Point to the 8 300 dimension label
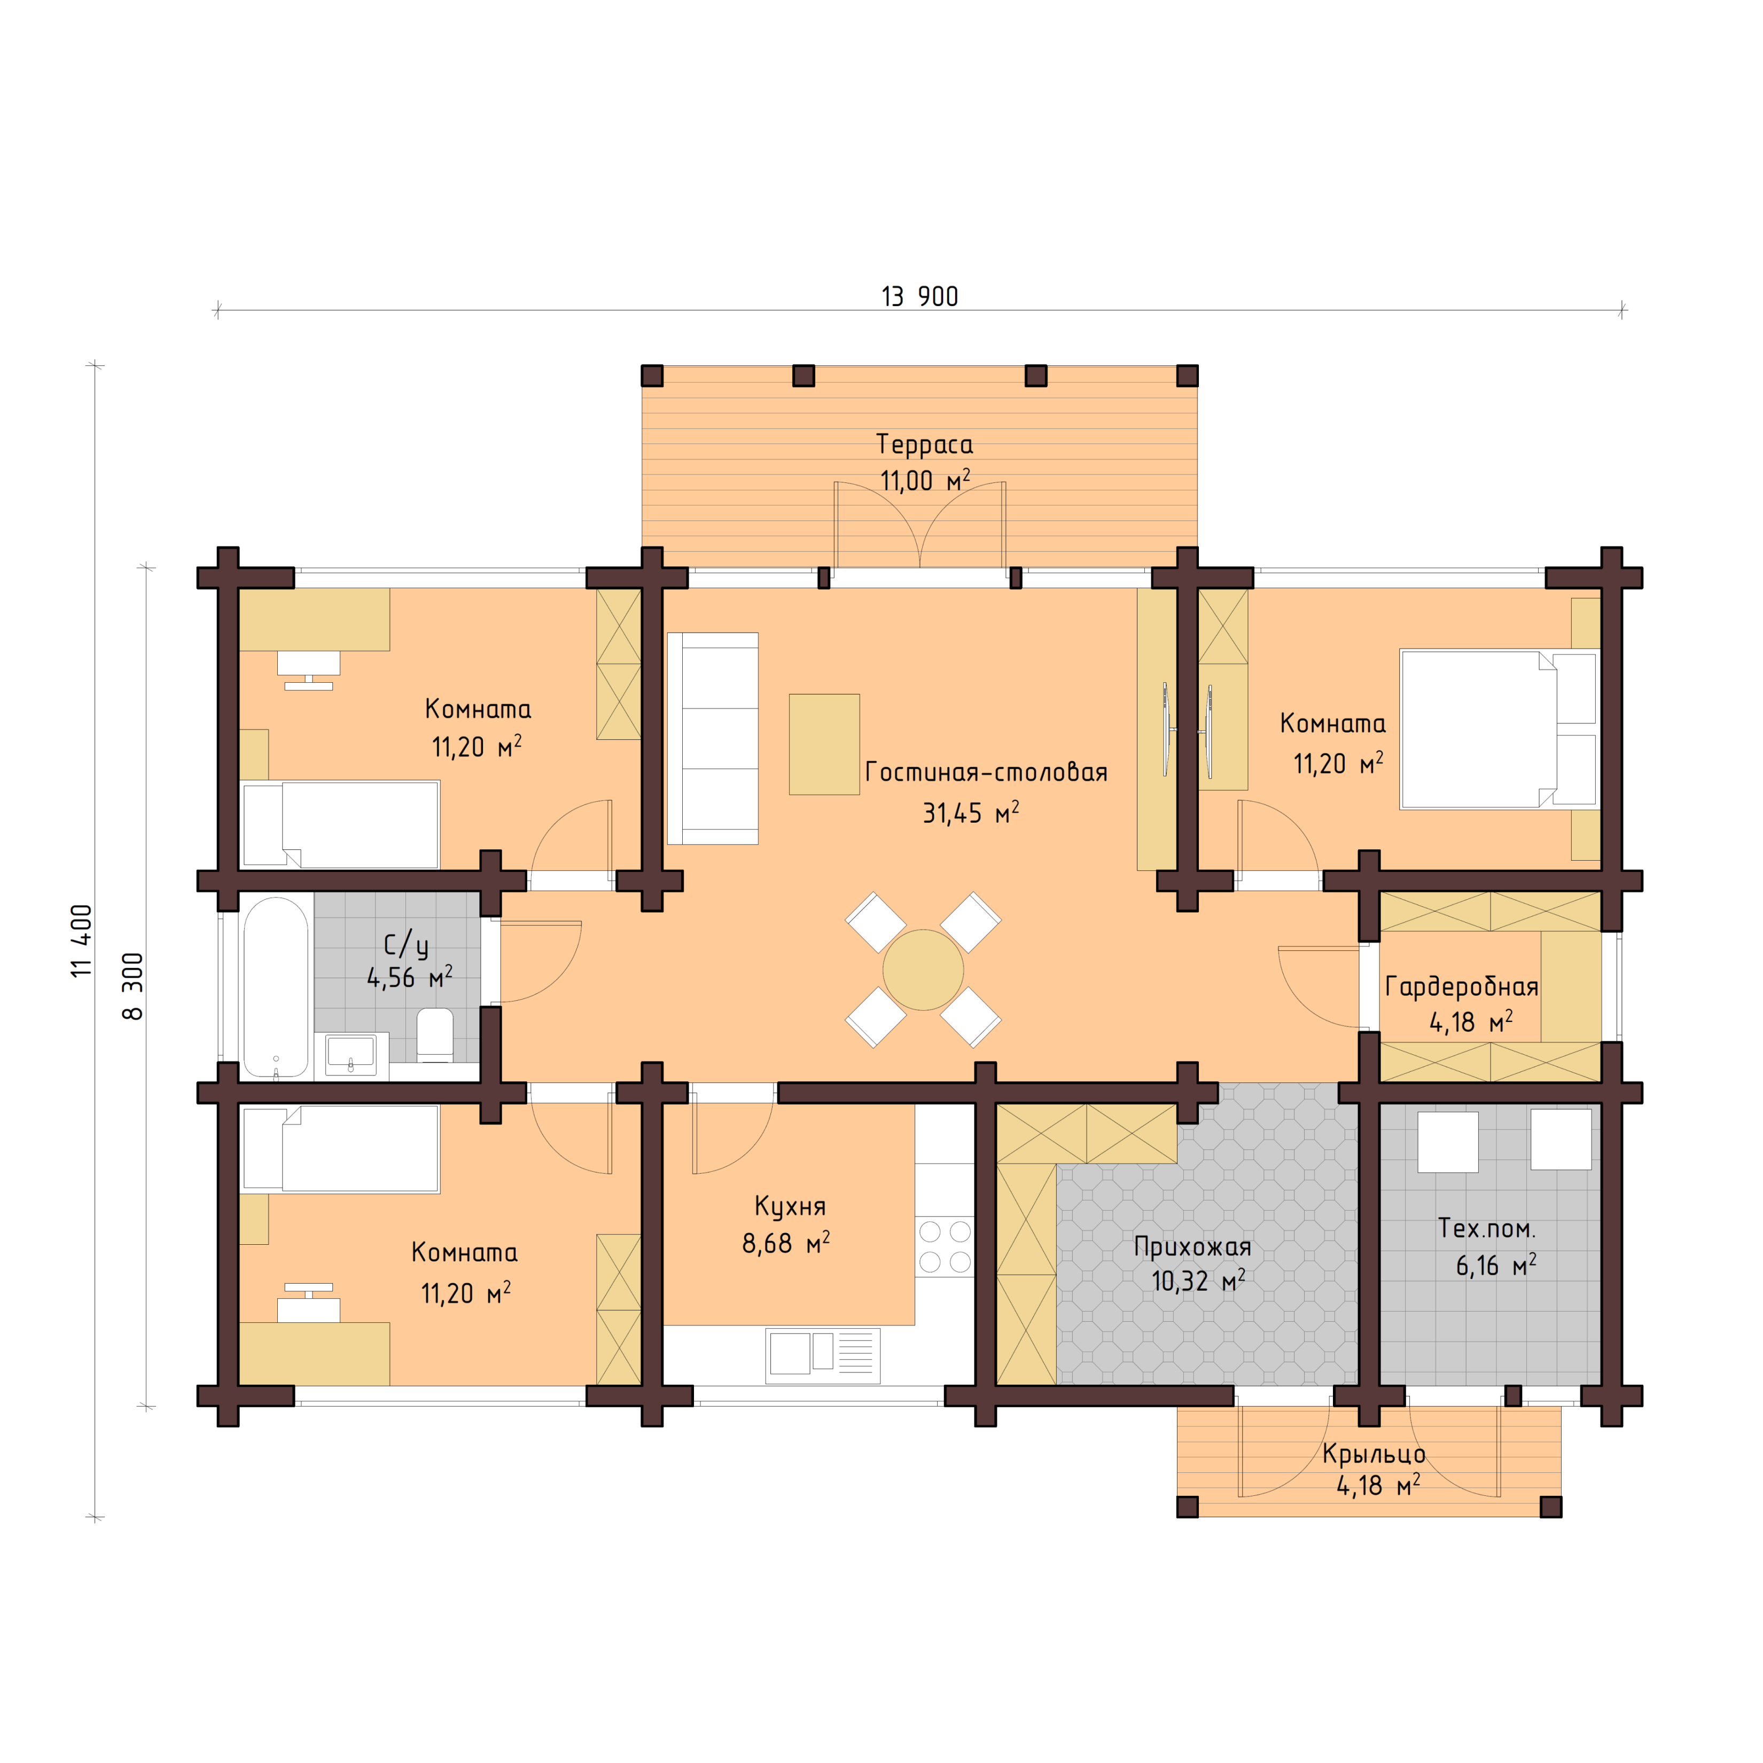pyautogui.click(x=133, y=986)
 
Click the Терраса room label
pyautogui.click(x=924, y=444)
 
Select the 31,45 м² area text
pyautogui.click(x=970, y=813)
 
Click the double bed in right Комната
pyautogui.click(x=1499, y=729)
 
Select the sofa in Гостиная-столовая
pyautogui.click(x=713, y=738)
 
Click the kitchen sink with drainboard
pyautogui.click(x=822, y=1355)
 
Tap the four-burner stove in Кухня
pyautogui.click(x=945, y=1246)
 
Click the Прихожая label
pyautogui.click(x=1192, y=1246)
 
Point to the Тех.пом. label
pyautogui.click(x=1486, y=1228)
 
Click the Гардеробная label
pyautogui.click(x=1461, y=986)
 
